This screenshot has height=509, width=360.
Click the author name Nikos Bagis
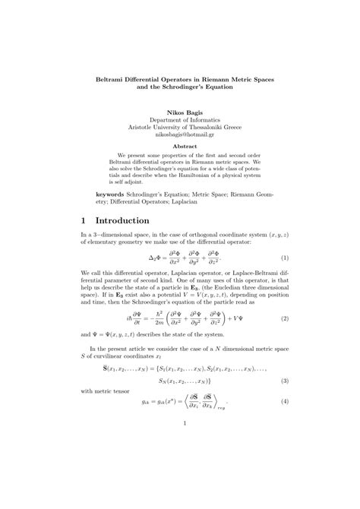click(x=180, y=112)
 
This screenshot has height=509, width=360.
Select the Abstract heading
click(x=180, y=147)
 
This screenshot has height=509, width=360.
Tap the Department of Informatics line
click(x=180, y=120)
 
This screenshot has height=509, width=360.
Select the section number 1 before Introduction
click(x=84, y=221)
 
